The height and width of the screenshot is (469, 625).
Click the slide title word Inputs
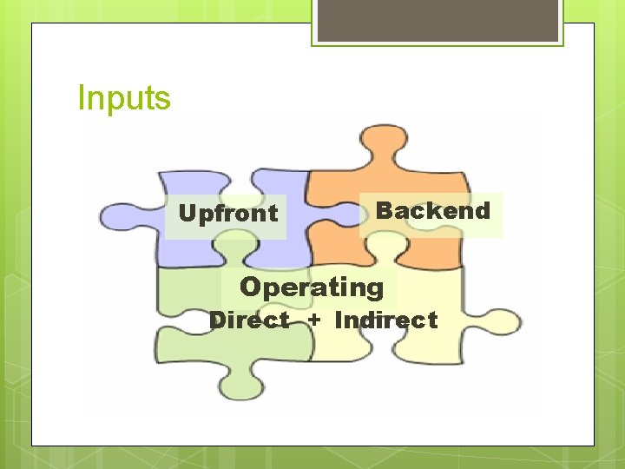[124, 98]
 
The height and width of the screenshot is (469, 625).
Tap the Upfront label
[227, 213]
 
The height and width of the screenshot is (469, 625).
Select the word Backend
[432, 210]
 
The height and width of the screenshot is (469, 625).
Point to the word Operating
[311, 287]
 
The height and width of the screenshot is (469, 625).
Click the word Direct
[249, 320]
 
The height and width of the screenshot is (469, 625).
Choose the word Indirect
[385, 320]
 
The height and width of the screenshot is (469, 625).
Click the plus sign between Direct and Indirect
[313, 320]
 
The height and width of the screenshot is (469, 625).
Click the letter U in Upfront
[185, 213]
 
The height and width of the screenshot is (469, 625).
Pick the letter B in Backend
[383, 210]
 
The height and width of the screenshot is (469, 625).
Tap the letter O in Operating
[250, 287]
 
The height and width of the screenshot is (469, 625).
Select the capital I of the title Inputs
[81, 98]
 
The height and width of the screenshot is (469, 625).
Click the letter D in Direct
[217, 320]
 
